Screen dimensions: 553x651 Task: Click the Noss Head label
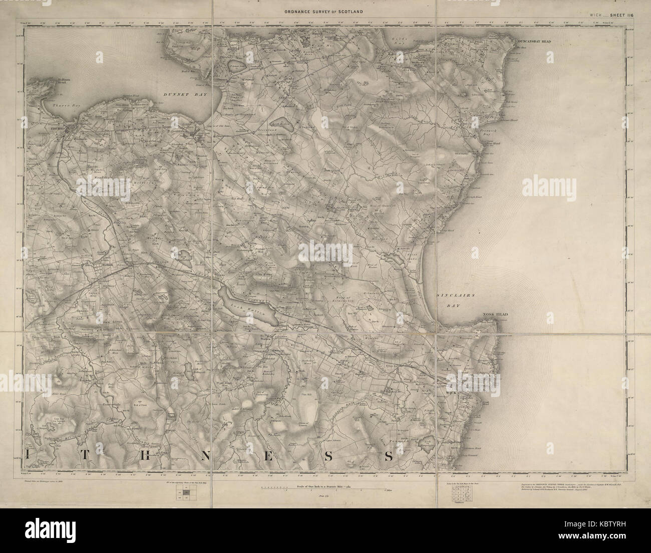click(495, 314)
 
